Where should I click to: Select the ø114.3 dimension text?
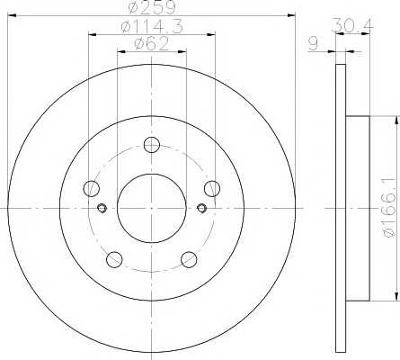pyautogui.click(x=152, y=27)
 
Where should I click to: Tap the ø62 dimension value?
pyautogui.click(x=152, y=44)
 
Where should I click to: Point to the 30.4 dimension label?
pyautogui.click(x=352, y=25)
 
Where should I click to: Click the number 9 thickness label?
pyautogui.click(x=313, y=44)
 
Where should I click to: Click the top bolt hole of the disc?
pyautogui.click(x=152, y=145)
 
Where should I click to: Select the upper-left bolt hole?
pyautogui.click(x=91, y=188)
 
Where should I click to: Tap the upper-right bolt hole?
pyautogui.click(x=212, y=188)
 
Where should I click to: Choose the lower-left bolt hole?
pyautogui.click(x=114, y=259)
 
